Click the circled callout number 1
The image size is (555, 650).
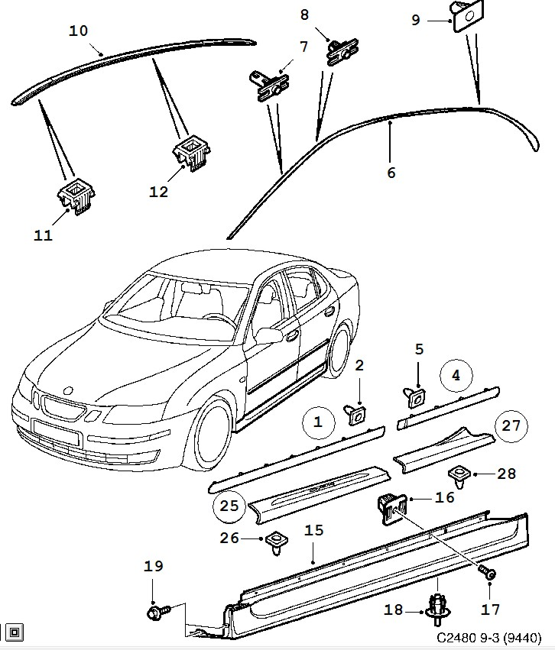[318, 421]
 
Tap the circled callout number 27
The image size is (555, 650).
[511, 425]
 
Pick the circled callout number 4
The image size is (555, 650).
[456, 376]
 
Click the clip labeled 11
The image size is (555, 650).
[76, 196]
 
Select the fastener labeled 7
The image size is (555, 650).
[268, 85]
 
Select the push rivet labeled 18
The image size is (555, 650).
[437, 610]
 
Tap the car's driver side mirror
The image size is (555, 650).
[269, 335]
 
